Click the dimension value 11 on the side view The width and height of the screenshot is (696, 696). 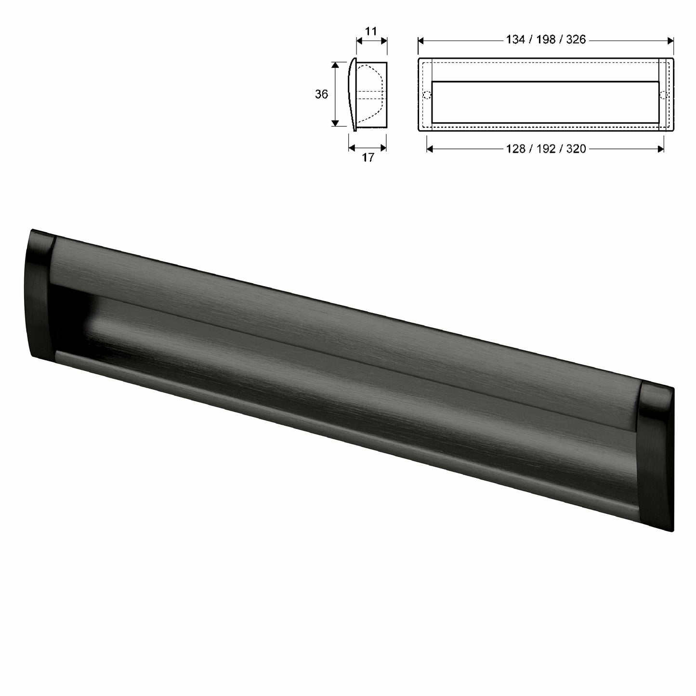click(x=370, y=31)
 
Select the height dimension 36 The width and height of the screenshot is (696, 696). click(x=321, y=94)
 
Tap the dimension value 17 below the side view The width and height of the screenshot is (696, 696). click(x=368, y=158)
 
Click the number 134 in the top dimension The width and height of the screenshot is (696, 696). click(x=515, y=39)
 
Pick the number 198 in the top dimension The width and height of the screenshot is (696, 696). click(x=546, y=39)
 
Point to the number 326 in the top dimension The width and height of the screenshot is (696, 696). click(x=576, y=39)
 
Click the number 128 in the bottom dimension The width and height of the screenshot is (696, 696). click(x=515, y=149)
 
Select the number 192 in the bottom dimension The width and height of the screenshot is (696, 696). click(x=546, y=149)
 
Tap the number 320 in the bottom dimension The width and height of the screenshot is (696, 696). click(x=576, y=149)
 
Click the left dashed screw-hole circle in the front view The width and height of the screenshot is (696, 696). click(x=426, y=95)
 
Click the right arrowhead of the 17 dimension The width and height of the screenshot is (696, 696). click(x=384, y=148)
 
